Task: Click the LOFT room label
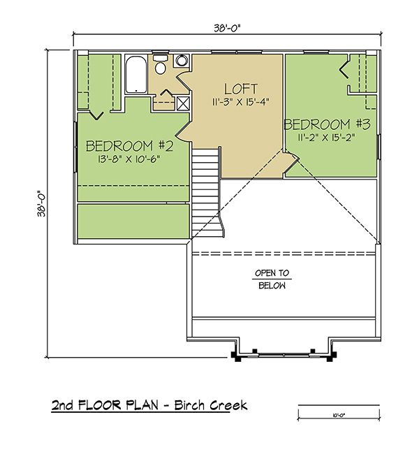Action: [241, 89]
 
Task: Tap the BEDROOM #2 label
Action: [130, 146]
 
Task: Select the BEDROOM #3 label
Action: [327, 124]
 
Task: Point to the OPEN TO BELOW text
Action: [272, 279]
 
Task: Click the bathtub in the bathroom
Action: [136, 74]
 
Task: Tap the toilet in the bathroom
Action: [160, 64]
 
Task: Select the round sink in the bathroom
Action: [182, 61]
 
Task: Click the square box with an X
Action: [183, 103]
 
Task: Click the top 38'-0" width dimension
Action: [227, 28]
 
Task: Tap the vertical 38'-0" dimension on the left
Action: [41, 203]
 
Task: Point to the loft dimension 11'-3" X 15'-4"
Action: [241, 102]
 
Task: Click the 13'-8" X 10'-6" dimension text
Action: [128, 159]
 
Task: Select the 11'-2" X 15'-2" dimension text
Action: [327, 137]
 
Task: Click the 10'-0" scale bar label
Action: [339, 416]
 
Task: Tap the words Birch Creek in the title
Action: [211, 405]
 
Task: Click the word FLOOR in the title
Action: [99, 405]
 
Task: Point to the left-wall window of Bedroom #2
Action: [75, 147]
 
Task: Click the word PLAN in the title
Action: [142, 405]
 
